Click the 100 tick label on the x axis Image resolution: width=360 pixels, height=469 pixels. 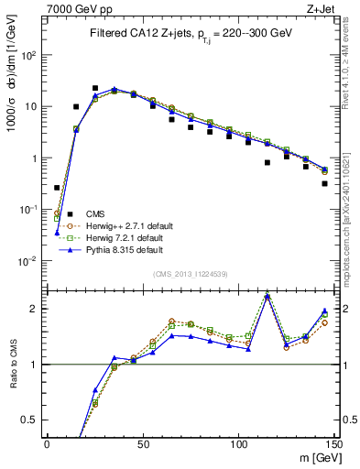[x=239, y=445]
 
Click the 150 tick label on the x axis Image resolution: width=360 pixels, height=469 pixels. [x=335, y=445]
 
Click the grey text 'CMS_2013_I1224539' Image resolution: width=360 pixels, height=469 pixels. [x=190, y=273]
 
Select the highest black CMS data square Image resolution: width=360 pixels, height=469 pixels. [x=94, y=89]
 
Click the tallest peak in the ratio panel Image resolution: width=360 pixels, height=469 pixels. [x=267, y=295]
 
